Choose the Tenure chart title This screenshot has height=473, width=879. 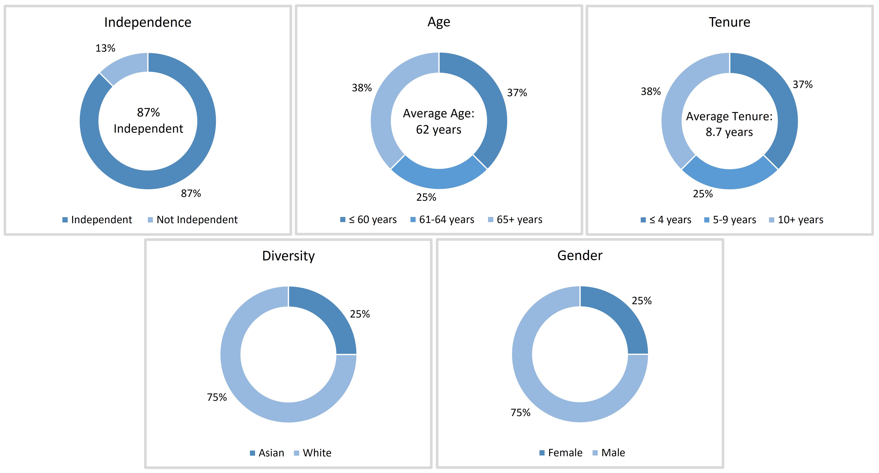click(730, 22)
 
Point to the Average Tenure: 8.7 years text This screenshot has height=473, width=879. click(730, 124)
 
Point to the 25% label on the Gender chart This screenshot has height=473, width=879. click(641, 301)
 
